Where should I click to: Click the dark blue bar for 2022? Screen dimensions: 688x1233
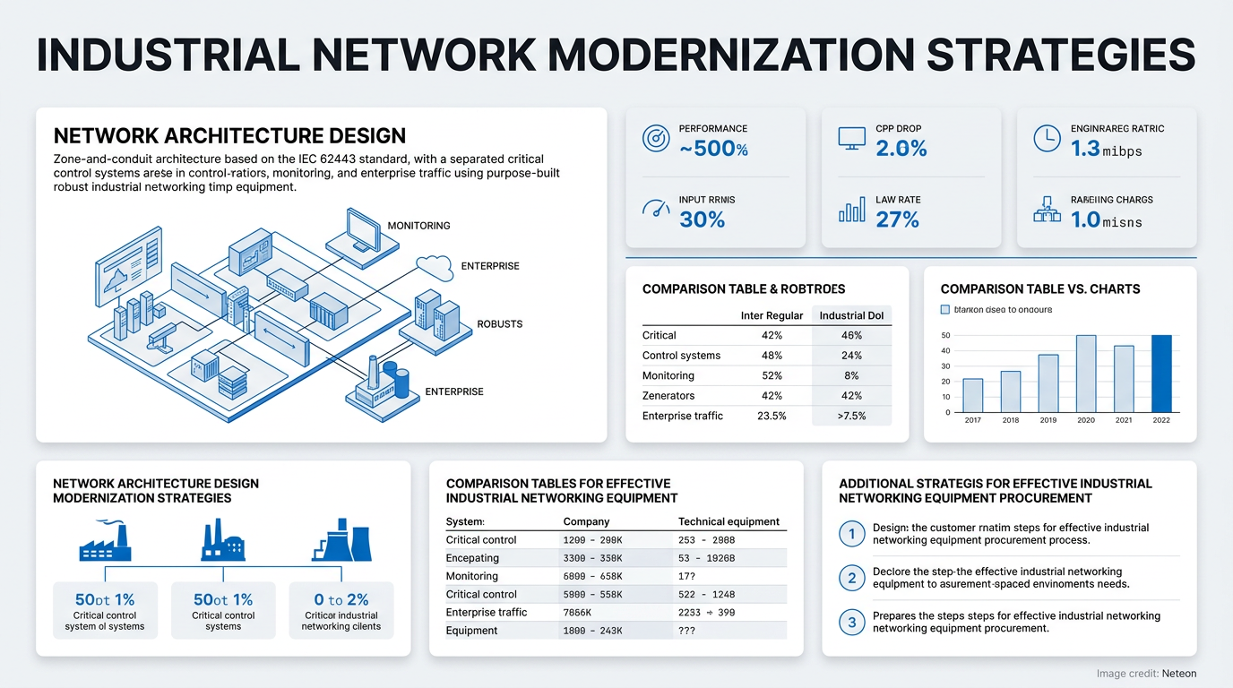1160,374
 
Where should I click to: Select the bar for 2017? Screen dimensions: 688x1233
972,395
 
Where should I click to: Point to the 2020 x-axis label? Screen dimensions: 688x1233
1085,420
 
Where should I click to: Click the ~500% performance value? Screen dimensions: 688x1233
713,149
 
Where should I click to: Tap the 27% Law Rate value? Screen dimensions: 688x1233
897,219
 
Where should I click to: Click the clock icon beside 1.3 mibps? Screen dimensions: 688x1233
1047,139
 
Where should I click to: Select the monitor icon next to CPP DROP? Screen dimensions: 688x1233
851,139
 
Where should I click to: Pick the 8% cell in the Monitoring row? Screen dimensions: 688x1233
851,376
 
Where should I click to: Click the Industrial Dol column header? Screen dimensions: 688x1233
851,315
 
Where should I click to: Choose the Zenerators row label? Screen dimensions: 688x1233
668,396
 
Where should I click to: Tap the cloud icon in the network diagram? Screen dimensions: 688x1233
435,265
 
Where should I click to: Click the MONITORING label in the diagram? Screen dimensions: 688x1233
418,226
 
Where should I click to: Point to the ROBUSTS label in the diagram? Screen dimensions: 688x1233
499,324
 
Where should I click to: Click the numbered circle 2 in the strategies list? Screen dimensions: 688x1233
851,578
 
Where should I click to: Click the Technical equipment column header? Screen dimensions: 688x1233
729,521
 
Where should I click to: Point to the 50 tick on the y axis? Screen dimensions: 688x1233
946,336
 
